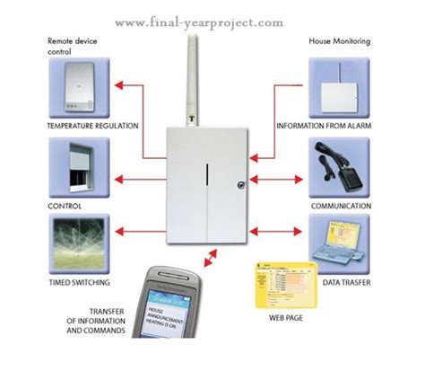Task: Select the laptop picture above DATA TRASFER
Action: pyautogui.click(x=339, y=247)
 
